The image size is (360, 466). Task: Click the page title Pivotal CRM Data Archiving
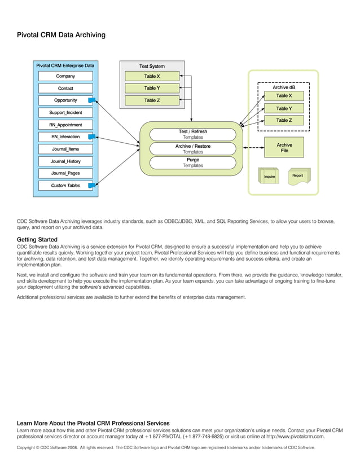tap(61, 35)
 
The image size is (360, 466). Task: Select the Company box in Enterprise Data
tap(65, 76)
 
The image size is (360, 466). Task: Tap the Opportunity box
tap(65, 100)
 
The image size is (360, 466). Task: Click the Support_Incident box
tap(65, 113)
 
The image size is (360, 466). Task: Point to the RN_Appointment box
tap(65, 125)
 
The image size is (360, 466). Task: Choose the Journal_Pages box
tap(65, 173)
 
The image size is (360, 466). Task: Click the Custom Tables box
tap(65, 186)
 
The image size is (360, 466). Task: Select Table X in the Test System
tap(151, 76)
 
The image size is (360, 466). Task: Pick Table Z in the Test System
tap(151, 100)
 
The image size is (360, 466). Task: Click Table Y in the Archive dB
tap(284, 108)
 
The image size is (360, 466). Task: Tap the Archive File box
tap(284, 148)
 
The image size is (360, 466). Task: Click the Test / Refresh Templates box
tap(192, 134)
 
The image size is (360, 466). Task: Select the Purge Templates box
tap(192, 162)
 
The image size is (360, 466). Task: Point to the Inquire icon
tap(269, 176)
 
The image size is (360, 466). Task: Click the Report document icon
tap(297, 176)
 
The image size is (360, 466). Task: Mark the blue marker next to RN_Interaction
tap(91, 137)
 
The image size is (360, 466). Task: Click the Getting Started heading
tap(37, 240)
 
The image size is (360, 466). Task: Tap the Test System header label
tap(151, 66)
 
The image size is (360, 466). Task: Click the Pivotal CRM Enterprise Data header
tap(65, 66)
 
